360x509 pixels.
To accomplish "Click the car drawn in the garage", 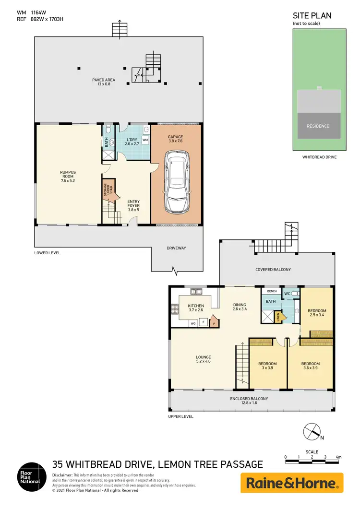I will point(176,183).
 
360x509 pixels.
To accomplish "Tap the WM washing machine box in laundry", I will point(145,139).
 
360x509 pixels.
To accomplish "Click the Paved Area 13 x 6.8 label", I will point(104,82).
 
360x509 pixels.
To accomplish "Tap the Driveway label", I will point(176,248).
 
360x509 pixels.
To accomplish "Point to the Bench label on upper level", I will point(272,291).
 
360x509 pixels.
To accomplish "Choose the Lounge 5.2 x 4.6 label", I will point(203,359).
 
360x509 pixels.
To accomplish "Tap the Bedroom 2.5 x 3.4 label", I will point(317,313).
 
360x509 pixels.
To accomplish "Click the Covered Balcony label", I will point(273,270).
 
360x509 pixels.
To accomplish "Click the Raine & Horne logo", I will point(292,483).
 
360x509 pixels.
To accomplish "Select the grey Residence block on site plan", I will point(318,126).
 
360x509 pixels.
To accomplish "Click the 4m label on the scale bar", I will point(338,457).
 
